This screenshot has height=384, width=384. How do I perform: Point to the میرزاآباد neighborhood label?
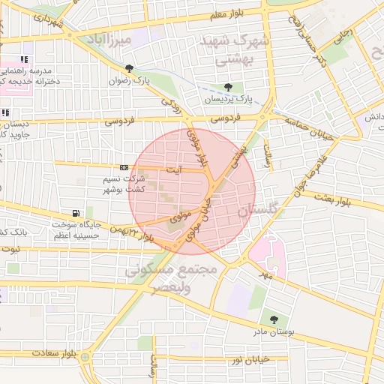tap(109, 38)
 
